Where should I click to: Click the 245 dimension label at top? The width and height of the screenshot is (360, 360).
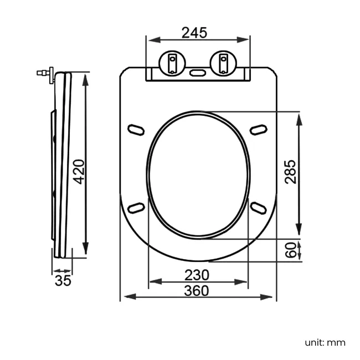pyautogui.click(x=194, y=33)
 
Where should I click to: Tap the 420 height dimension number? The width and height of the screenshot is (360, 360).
pyautogui.click(x=79, y=172)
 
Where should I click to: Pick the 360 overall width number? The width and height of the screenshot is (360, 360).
pyautogui.click(x=197, y=290)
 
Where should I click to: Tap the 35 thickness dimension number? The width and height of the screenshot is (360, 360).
pyautogui.click(x=63, y=280)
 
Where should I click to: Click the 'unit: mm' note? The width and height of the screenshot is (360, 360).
pyautogui.click(x=325, y=342)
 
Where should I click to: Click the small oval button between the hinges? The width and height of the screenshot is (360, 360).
pyautogui.click(x=198, y=72)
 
